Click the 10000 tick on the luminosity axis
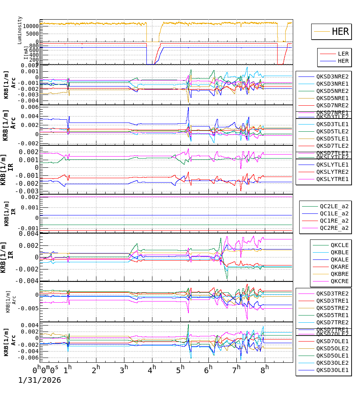31,26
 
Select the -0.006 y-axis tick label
30,358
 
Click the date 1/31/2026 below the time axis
40,380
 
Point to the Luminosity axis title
20,30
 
